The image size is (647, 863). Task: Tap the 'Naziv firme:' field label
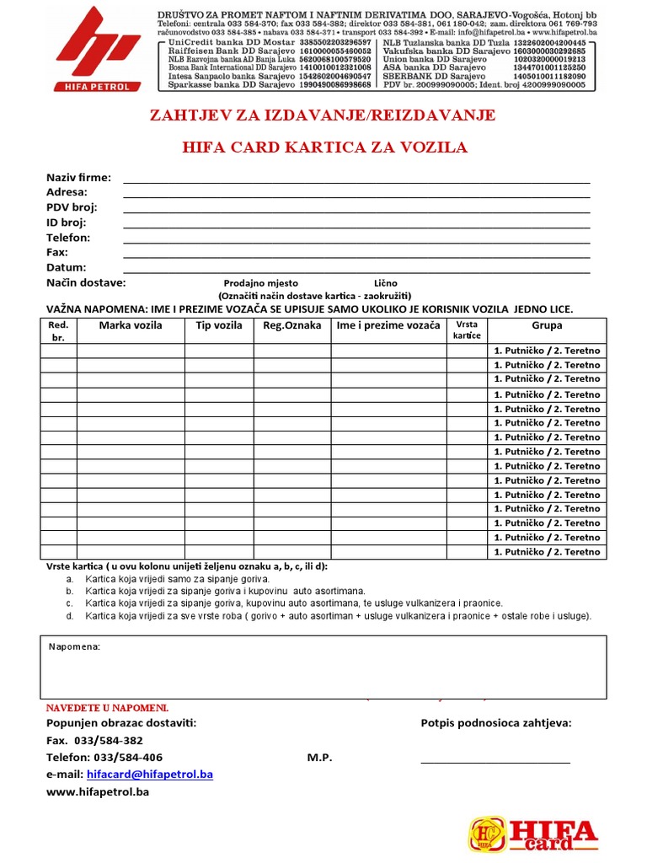(x=78, y=178)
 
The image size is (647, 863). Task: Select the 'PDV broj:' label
(x=72, y=207)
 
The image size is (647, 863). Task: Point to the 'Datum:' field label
(x=67, y=267)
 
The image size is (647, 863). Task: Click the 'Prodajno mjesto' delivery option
(x=260, y=283)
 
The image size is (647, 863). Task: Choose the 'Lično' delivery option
(x=385, y=283)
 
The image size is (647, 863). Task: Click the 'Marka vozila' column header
(x=131, y=325)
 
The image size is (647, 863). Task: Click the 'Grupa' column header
(x=547, y=325)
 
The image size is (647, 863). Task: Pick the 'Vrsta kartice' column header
(x=467, y=330)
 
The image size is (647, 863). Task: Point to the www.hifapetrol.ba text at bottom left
(x=97, y=792)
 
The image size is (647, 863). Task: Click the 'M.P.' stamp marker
(x=319, y=758)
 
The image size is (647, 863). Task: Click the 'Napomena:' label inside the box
(x=74, y=646)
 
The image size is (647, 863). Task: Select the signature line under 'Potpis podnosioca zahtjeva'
(x=495, y=761)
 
